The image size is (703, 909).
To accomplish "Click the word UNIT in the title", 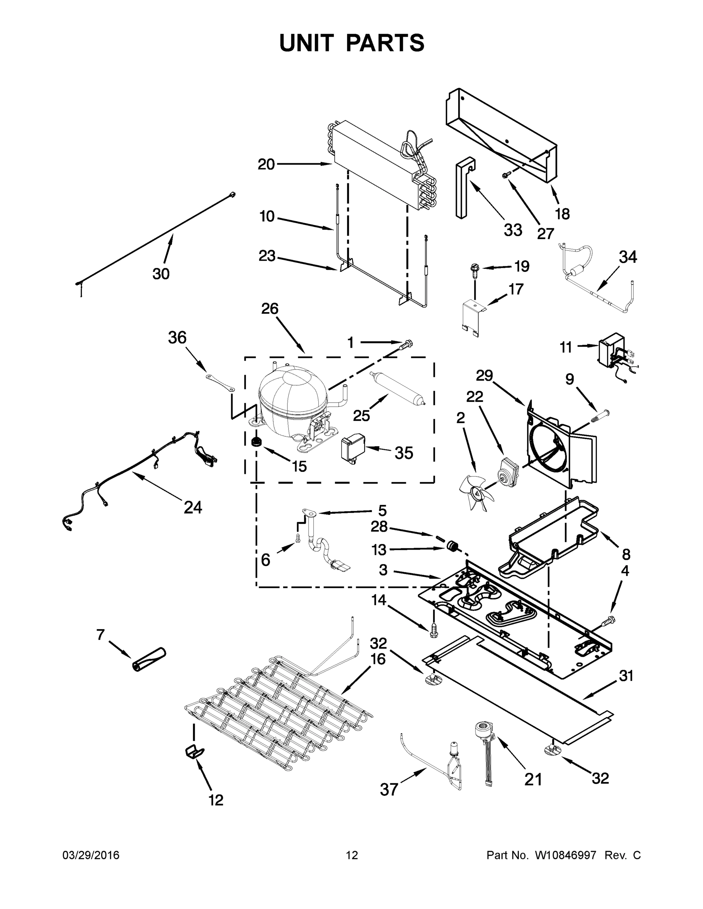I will click(x=307, y=43).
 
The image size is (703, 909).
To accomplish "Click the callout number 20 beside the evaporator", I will click(x=266, y=164).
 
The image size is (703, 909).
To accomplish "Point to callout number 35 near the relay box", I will click(x=403, y=453).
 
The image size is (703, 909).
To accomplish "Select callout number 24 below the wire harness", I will click(x=193, y=507).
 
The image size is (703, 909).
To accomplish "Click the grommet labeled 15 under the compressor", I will click(x=257, y=442).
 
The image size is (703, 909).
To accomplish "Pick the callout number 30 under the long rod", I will click(x=161, y=273).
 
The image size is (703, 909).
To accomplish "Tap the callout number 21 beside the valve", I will click(x=533, y=779).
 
